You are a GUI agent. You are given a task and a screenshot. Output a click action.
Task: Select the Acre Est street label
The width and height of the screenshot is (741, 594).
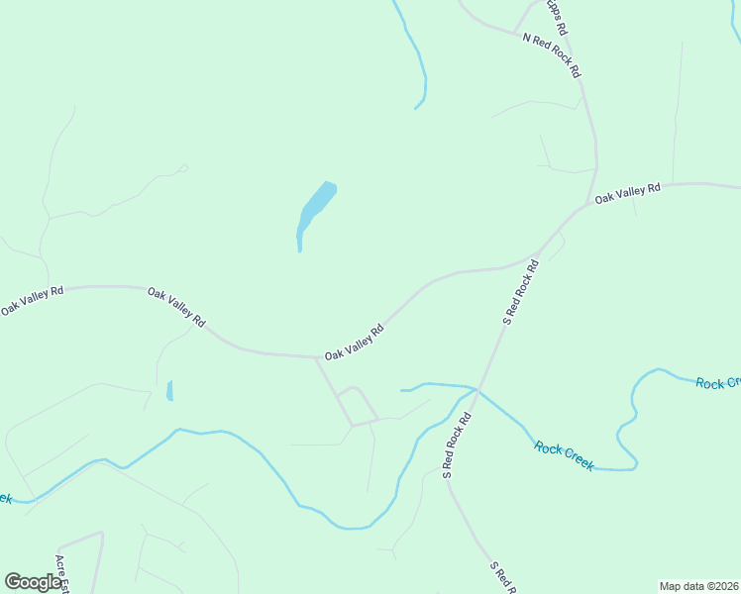coord(62,573)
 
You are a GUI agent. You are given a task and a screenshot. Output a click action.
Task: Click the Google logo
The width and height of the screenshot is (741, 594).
coord(33,582)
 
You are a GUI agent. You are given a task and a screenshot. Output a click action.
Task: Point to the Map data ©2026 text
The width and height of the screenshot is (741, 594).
coord(698,586)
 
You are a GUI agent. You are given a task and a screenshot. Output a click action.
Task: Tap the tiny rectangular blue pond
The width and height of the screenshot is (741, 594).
coord(169,390)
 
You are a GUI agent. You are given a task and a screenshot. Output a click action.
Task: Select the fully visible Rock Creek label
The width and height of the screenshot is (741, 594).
coord(564,456)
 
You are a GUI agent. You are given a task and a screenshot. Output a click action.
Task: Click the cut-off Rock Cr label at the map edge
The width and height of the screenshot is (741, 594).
coord(718,383)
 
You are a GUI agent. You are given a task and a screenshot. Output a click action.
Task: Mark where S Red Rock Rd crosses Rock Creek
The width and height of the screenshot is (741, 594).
coord(477,390)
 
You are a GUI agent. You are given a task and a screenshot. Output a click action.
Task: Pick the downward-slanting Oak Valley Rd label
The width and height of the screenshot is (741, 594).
coord(176,307)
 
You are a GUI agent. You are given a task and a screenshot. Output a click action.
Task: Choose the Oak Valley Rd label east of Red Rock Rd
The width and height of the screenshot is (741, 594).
coord(627,194)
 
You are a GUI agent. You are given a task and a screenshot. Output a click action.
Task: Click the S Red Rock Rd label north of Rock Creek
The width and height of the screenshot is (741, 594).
coord(520,292)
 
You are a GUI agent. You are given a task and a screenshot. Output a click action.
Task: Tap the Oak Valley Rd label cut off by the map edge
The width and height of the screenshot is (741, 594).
coord(32,300)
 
